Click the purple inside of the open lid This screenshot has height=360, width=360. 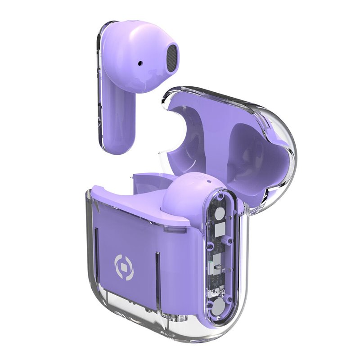click(243, 148)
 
